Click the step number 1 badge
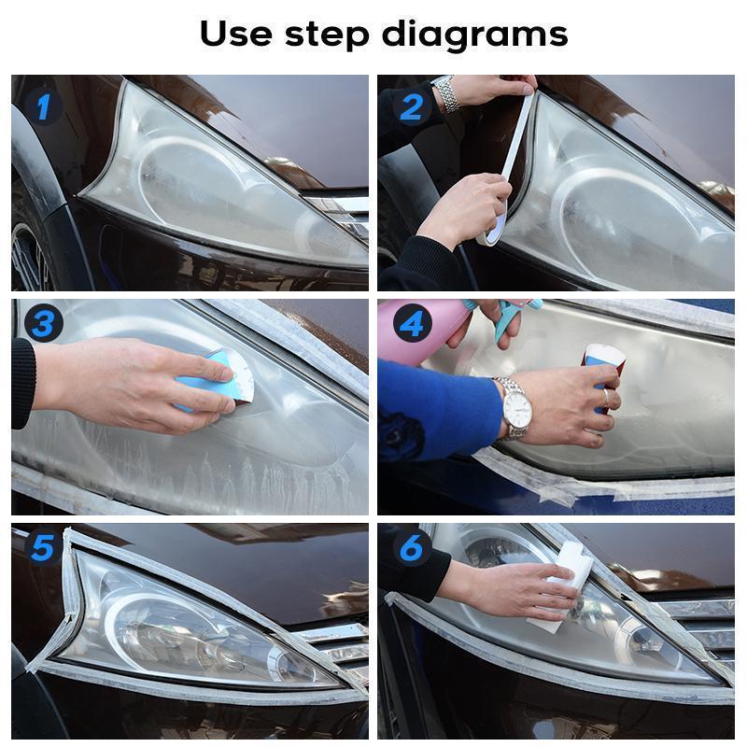pos(41,107)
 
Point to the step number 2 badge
pos(412,107)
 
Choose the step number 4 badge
pos(412,324)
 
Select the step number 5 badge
pos(41,547)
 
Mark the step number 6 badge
pos(412,547)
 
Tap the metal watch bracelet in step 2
pos(447,94)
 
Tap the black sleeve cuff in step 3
pos(22,383)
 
